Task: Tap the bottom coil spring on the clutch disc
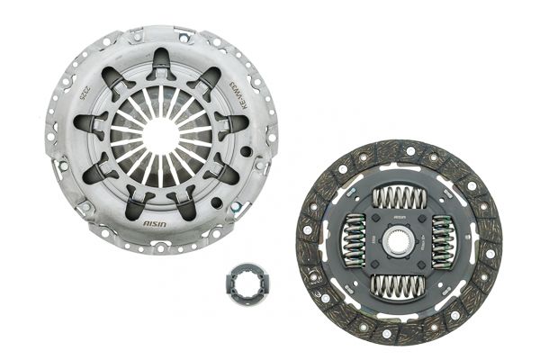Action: [x=397, y=288]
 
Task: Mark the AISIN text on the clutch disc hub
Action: [x=397, y=218]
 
